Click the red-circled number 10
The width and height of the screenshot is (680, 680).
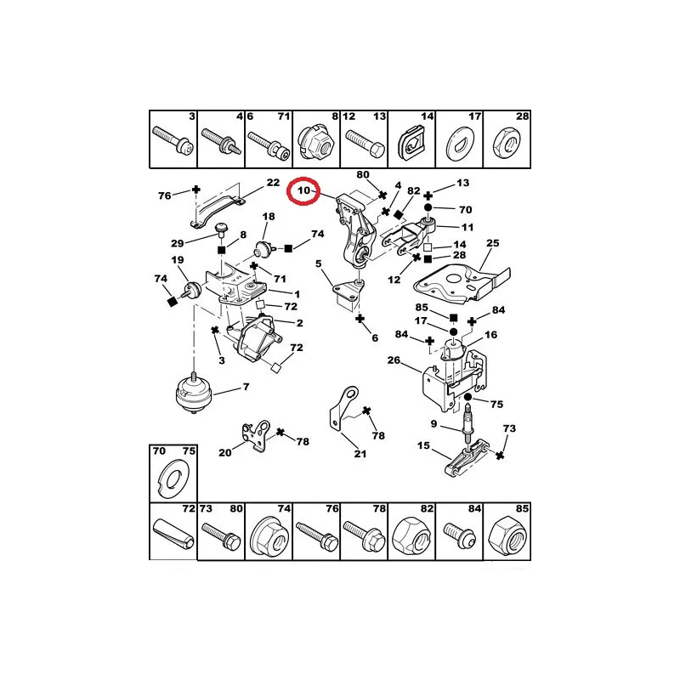(x=303, y=190)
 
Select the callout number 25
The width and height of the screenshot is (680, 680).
(x=493, y=243)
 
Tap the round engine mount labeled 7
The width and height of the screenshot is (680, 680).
(x=195, y=393)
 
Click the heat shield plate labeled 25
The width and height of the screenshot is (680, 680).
(x=462, y=281)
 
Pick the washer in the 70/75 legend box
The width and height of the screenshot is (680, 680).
(x=173, y=479)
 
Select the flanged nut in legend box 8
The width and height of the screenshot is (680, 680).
(x=315, y=142)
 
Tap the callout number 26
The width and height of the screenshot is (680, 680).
(x=394, y=360)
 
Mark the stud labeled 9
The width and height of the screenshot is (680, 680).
(x=468, y=422)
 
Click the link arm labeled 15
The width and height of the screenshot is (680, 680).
(x=467, y=457)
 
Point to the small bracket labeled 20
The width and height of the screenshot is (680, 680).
(x=257, y=436)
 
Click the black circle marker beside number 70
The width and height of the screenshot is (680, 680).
(x=428, y=207)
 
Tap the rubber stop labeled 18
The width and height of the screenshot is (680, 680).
(x=263, y=249)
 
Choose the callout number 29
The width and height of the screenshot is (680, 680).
(x=177, y=243)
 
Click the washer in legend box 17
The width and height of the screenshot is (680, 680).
(x=460, y=143)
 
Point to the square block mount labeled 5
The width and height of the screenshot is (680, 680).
(x=347, y=295)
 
